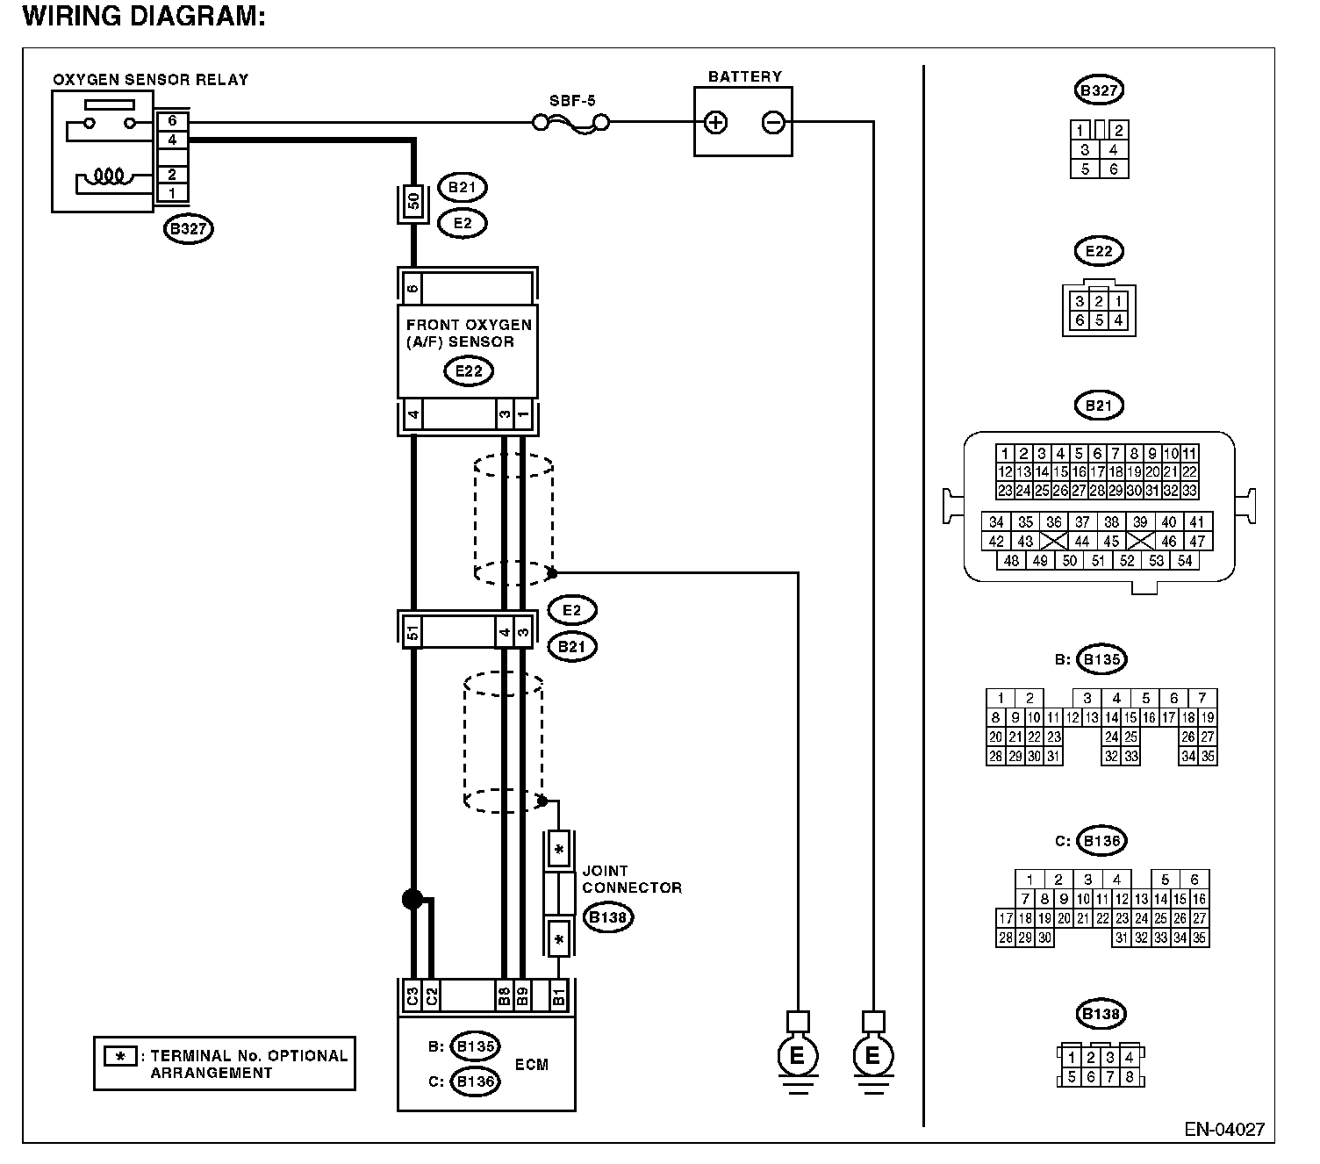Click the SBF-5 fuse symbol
570,123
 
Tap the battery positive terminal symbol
715,123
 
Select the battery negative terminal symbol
772,123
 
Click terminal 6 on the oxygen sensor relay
172,120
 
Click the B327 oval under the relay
189,229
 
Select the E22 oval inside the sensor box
469,371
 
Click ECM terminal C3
412,996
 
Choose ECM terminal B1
558,996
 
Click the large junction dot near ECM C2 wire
412,900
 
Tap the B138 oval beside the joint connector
608,917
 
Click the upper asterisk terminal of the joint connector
558,849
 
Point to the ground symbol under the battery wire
873,1056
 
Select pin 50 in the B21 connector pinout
1069,560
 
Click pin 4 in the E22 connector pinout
1118,320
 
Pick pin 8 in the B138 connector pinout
1129,1077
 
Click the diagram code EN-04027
1224,1130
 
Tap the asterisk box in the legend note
120,1056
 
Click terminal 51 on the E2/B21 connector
412,631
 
